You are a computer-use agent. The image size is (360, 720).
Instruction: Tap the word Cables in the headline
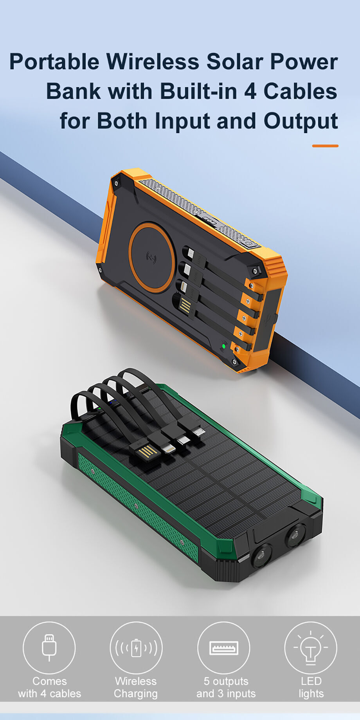pyautogui.click(x=300, y=91)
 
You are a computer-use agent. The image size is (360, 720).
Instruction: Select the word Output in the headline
pyautogui.click(x=301, y=121)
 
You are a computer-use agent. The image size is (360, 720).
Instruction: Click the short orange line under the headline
pyautogui.click(x=325, y=146)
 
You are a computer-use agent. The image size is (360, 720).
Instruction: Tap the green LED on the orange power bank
pyautogui.click(x=224, y=346)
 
